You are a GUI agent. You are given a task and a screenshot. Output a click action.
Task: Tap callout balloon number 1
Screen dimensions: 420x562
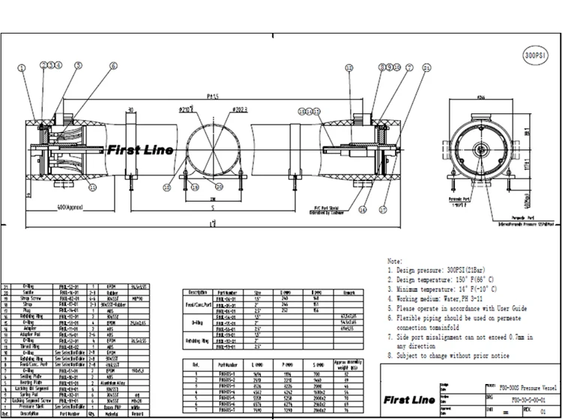(x=22, y=67)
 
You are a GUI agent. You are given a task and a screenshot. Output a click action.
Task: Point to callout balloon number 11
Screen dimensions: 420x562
(x=93, y=184)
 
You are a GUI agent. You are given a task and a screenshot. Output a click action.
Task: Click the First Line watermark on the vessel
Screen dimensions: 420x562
(x=139, y=150)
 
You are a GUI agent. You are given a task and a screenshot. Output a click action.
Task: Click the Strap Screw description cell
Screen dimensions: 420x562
(x=29, y=298)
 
